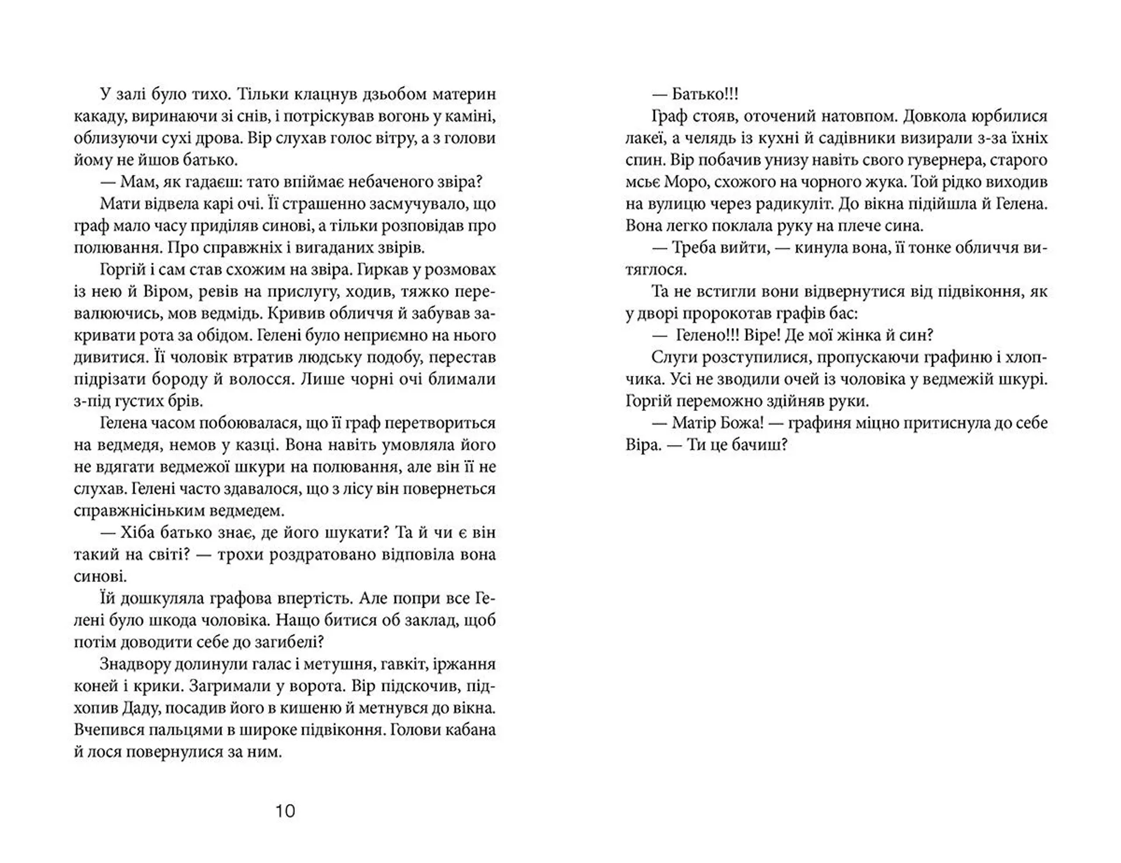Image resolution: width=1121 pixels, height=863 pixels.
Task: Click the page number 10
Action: [286, 811]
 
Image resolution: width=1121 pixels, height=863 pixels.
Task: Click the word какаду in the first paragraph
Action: [99, 116]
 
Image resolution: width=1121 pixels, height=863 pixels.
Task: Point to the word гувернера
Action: [949, 160]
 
